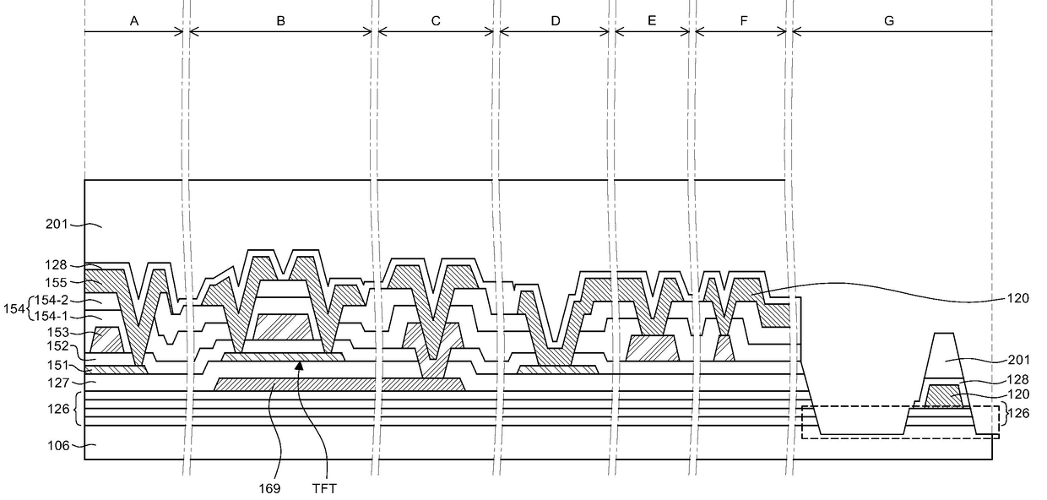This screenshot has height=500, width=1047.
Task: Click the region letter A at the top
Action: (134, 21)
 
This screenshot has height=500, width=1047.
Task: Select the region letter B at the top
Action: (280, 21)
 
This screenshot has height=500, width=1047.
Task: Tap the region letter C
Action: (436, 21)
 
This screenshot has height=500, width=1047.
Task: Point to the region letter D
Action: (556, 21)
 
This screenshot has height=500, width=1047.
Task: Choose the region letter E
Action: (652, 21)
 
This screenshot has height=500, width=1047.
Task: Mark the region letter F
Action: (744, 21)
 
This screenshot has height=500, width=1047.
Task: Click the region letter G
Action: (889, 21)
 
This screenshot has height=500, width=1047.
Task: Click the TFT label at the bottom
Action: (324, 489)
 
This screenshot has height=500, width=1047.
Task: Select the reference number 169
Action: (269, 489)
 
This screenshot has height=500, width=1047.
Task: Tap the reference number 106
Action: (58, 446)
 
